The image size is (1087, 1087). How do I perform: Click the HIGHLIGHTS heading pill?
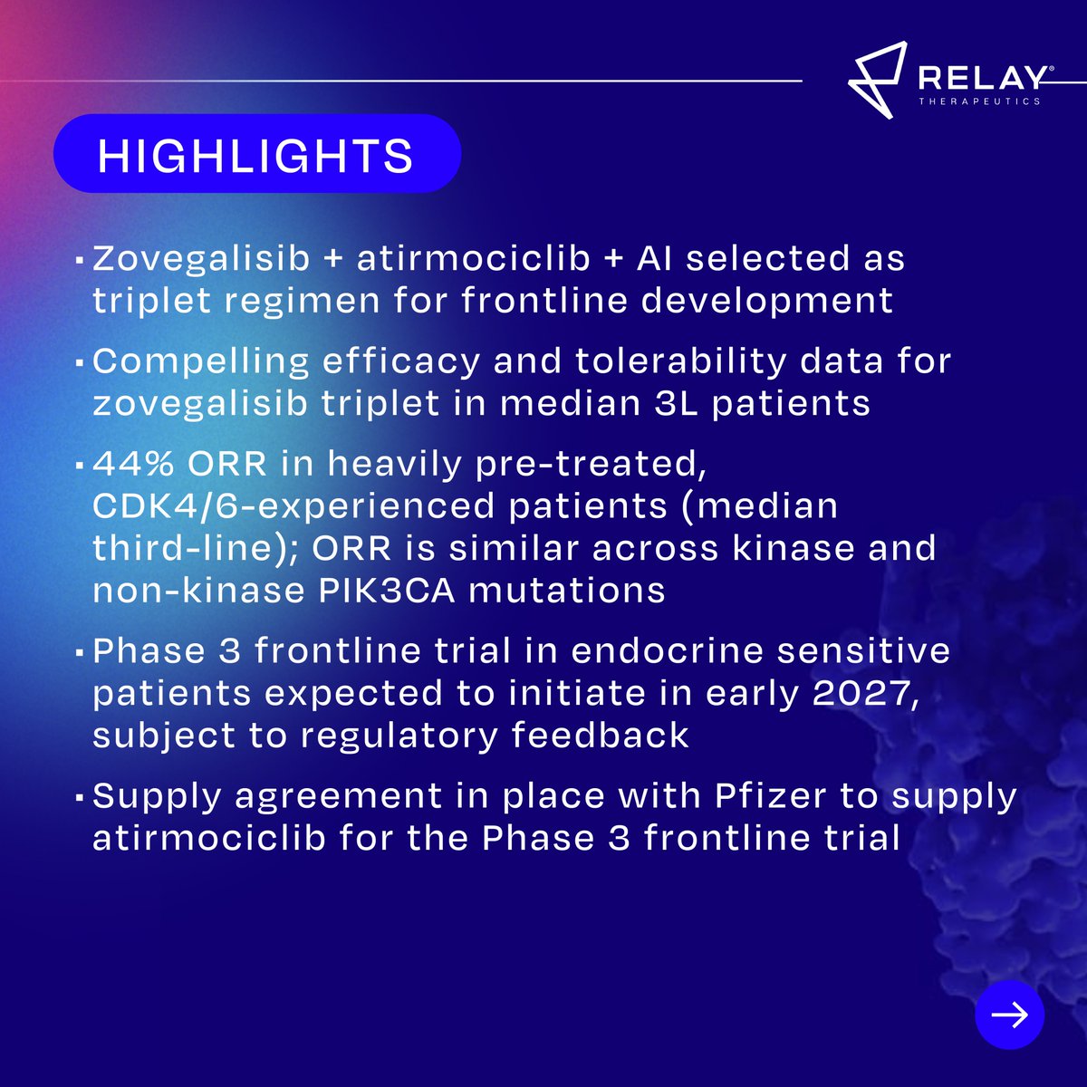coord(257,153)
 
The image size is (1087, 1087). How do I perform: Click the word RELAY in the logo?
coord(983,79)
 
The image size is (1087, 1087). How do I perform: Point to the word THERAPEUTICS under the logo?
coord(979,101)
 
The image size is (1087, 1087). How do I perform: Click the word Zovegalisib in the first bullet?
coord(201,258)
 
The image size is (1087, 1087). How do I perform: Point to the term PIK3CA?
coord(387,591)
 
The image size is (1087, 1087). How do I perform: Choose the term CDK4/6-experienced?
coord(293,506)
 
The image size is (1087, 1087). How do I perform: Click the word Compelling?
coord(201,362)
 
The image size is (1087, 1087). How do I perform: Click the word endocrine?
coord(667,651)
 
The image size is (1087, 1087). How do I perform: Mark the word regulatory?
coord(399,736)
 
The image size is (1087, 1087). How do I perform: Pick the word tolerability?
coord(681,362)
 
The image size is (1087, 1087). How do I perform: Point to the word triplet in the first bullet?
coord(151,301)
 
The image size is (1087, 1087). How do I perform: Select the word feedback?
coord(601,735)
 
